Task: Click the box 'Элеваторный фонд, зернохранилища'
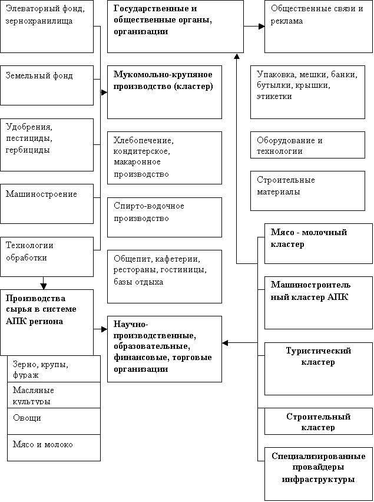47,27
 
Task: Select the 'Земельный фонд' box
47,85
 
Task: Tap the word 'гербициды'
28,150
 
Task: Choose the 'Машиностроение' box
47,204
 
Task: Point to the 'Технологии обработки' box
47,257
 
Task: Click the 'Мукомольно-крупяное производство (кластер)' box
164,92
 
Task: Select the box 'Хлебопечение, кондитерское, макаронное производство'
164,158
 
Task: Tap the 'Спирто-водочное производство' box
164,217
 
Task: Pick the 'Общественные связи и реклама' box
319,27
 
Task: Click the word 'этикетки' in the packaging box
274,96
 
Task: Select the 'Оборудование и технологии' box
307,145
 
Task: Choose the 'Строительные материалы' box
307,191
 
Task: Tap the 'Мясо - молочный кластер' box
319,244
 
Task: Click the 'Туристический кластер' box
319,369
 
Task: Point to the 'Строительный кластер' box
319,421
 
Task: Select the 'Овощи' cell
54,421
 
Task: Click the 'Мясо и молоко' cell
54,448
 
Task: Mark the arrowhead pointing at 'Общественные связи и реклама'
262,27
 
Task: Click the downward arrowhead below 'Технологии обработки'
44,286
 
